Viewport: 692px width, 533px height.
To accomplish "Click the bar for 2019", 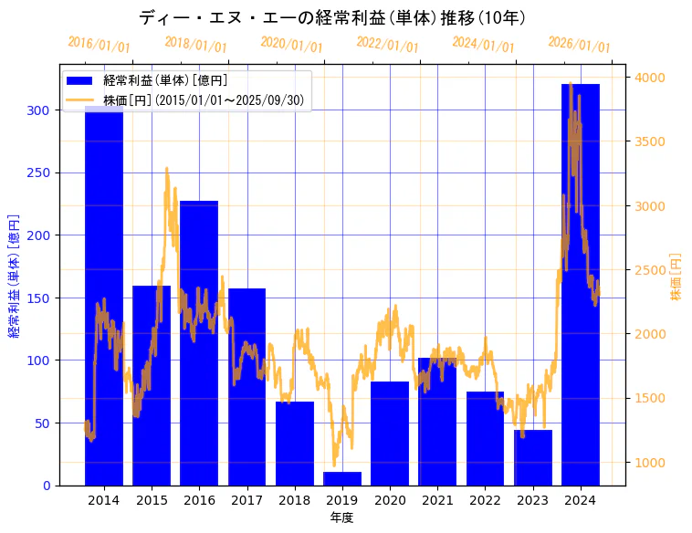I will (x=342, y=478).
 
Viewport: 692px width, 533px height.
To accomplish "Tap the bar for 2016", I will (x=199, y=343).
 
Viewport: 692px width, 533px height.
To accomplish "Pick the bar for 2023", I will (x=533, y=457).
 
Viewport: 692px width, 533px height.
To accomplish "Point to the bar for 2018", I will (x=295, y=444).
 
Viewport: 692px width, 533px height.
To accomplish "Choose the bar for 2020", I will (x=390, y=434).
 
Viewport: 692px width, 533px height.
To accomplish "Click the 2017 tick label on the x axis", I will (x=246, y=500).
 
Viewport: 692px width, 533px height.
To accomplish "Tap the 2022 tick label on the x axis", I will (x=485, y=500).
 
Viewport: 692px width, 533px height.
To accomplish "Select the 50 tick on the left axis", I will (x=44, y=423).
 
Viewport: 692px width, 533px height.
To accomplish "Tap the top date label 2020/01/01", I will (x=291, y=44).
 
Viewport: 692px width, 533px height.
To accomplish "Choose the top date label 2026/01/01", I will (x=579, y=44).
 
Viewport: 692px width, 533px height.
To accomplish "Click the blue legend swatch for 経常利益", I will (x=81, y=81).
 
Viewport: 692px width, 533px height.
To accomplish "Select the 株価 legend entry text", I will (x=204, y=100).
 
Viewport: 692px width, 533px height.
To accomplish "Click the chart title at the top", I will (x=332, y=17).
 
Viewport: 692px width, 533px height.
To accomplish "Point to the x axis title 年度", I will (x=342, y=517).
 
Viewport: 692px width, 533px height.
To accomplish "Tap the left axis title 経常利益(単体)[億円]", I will (x=14, y=276).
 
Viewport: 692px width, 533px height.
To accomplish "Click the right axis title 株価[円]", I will (x=676, y=276).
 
